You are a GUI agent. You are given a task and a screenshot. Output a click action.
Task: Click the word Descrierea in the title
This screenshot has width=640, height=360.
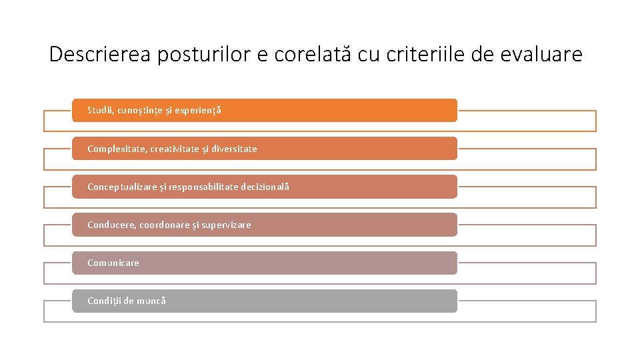(x=101, y=54)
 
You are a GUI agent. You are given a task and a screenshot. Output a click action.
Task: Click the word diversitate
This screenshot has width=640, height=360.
(x=233, y=149)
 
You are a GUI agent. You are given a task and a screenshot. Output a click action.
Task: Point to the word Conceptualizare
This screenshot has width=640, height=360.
(x=123, y=187)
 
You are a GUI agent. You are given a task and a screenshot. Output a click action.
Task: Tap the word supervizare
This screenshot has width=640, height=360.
(x=225, y=225)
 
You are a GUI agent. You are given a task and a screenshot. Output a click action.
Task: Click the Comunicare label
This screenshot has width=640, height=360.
(x=113, y=263)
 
